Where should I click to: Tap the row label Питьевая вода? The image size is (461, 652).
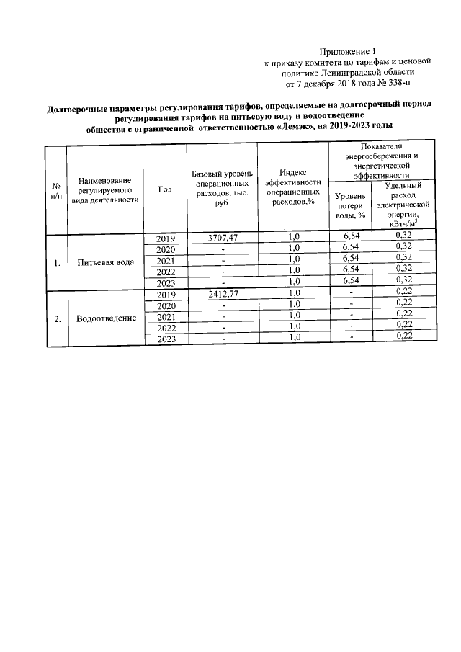point(106,262)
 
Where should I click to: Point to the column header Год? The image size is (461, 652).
point(165,190)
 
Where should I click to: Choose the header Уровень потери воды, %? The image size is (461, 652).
point(351,205)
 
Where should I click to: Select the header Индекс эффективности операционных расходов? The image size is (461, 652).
point(293,187)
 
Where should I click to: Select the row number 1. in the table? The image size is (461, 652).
point(56,262)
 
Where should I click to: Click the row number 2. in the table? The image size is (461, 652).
point(56,318)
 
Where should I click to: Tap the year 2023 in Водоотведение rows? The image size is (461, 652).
point(166,339)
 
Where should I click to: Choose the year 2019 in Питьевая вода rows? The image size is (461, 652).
point(166,238)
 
